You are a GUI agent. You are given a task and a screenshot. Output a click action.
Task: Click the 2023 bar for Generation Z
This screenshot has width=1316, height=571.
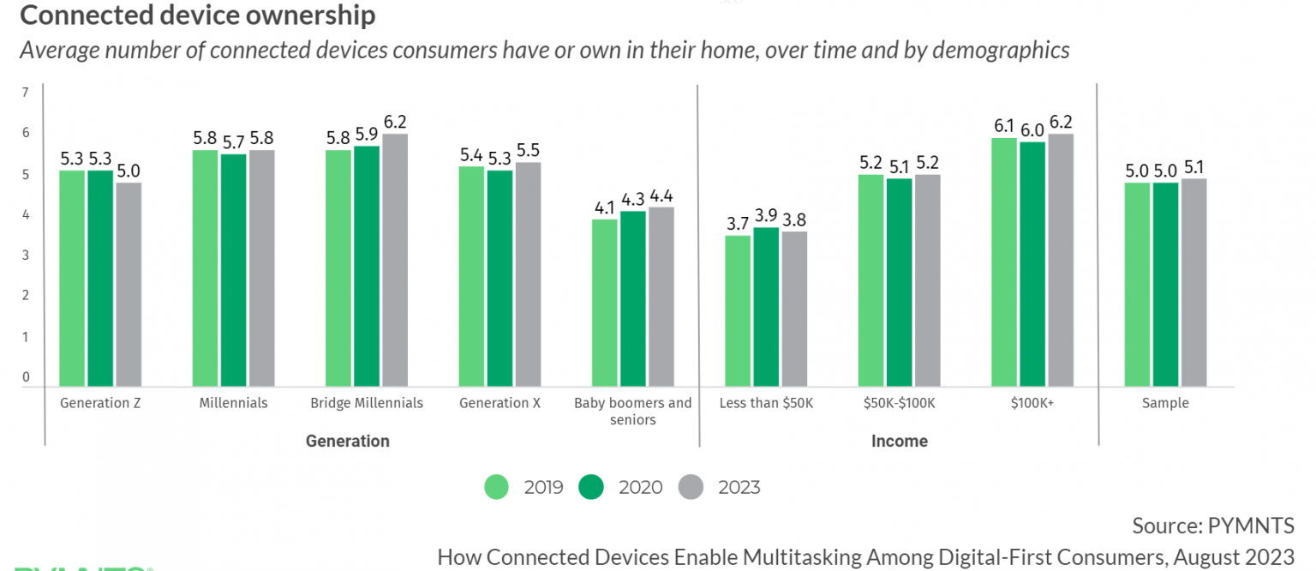tap(129, 284)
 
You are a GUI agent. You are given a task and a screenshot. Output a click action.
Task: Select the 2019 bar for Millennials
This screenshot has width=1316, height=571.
tap(205, 267)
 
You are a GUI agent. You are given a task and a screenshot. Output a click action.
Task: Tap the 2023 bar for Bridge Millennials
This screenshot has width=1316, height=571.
tap(395, 260)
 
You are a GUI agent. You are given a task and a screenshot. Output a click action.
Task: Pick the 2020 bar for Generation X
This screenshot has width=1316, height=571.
tap(499, 278)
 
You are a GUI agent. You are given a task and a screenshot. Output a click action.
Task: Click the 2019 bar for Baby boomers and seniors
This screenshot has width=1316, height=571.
tap(605, 303)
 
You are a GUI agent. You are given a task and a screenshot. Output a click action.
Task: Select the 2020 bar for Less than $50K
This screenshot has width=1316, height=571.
tap(766, 306)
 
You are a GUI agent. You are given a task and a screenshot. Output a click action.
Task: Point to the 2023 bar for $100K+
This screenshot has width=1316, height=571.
tap(1061, 260)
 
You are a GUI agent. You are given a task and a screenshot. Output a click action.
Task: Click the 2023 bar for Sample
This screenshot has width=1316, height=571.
tap(1193, 282)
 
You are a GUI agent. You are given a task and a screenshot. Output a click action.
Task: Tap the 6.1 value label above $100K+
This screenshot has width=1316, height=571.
tap(1004, 125)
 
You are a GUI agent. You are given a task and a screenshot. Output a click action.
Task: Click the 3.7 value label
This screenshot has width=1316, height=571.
tap(738, 223)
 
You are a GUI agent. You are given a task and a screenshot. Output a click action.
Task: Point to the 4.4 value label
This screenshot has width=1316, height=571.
tap(661, 195)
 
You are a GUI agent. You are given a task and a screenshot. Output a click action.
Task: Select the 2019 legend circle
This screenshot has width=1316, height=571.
tap(497, 487)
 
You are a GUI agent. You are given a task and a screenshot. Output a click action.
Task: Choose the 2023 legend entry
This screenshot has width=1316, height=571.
tap(720, 487)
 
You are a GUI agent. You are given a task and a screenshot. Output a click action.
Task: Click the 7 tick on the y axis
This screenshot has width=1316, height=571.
tap(26, 93)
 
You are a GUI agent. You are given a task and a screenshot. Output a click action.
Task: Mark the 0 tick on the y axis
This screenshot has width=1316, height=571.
tap(26, 377)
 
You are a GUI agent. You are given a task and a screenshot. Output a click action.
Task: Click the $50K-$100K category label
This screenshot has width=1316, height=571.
tap(900, 403)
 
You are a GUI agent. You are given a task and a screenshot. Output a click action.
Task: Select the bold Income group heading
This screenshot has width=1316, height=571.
tap(899, 442)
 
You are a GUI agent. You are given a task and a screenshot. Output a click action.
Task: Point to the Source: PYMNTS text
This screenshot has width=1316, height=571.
tap(1212, 525)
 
